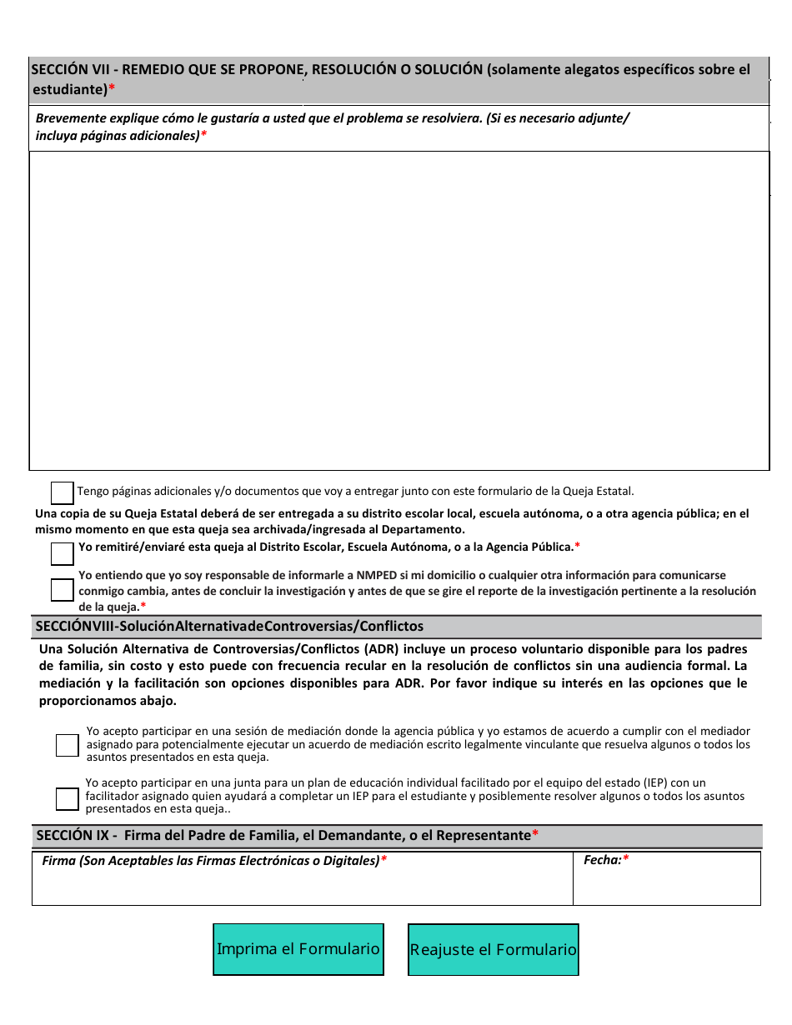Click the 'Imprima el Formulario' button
(298, 949)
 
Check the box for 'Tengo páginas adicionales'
(63, 492)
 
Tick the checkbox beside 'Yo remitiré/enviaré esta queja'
(63, 553)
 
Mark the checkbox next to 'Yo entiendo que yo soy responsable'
(63, 590)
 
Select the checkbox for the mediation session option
(68, 745)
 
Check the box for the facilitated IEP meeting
(68, 798)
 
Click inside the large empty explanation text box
(399, 310)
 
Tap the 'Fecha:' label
(602, 860)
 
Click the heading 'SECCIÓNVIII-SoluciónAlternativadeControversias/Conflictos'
(229, 626)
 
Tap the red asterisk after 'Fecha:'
(626, 860)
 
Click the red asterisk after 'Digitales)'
(383, 861)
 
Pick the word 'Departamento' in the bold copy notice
(422, 530)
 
